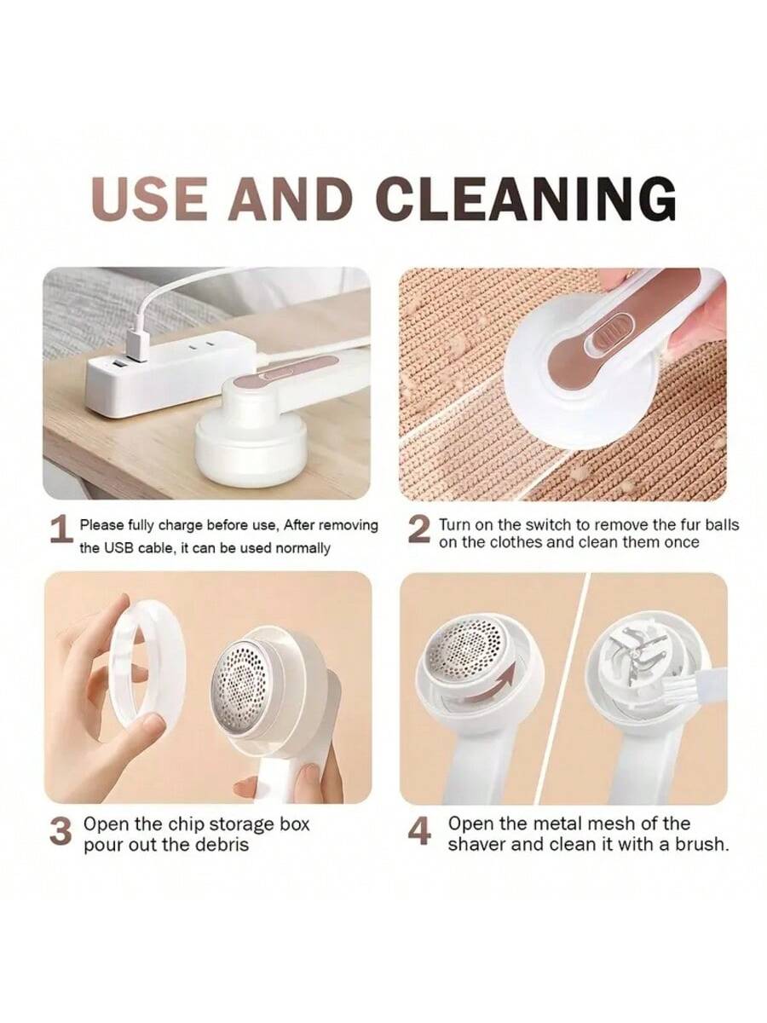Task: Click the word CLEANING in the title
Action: (x=526, y=198)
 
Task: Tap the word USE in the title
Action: (x=152, y=198)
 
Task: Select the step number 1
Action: (x=62, y=530)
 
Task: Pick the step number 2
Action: (x=418, y=530)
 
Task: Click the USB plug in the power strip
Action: (x=138, y=345)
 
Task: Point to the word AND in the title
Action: (x=290, y=198)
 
